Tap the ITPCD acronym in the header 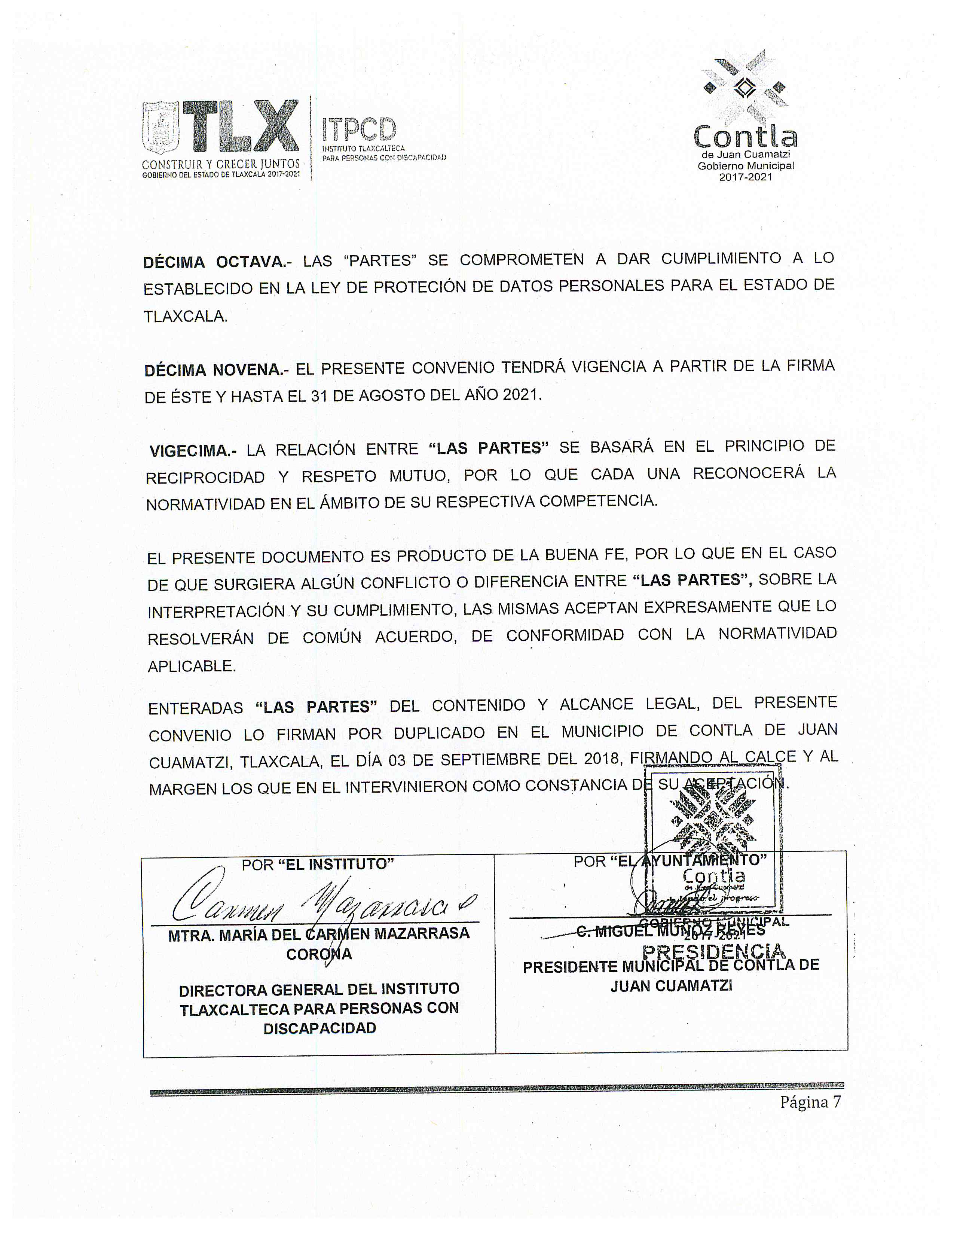point(360,129)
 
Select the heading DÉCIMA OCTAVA point(215,262)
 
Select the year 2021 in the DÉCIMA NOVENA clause point(519,394)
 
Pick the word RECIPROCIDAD point(205,478)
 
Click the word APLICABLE point(192,666)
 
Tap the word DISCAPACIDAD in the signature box point(319,1028)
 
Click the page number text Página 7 point(810,1101)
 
